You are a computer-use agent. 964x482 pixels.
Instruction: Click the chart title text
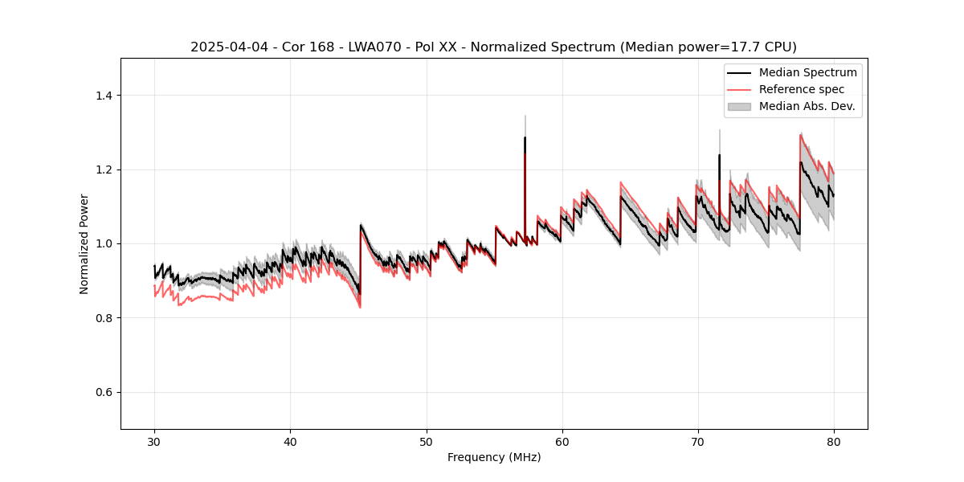point(493,47)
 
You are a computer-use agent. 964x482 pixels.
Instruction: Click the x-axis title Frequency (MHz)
point(494,457)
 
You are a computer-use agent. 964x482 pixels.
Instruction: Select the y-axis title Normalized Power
point(84,243)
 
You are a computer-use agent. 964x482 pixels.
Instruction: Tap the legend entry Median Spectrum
point(807,72)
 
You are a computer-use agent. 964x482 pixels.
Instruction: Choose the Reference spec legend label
point(802,89)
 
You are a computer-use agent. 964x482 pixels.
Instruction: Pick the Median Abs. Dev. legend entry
point(807,106)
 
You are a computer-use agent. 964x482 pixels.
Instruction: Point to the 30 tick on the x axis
point(155,441)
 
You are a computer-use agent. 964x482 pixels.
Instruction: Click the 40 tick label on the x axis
point(291,441)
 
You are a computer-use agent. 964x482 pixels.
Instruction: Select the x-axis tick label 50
point(427,441)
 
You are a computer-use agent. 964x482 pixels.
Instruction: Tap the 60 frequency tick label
point(562,441)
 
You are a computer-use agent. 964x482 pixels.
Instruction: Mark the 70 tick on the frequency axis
point(698,441)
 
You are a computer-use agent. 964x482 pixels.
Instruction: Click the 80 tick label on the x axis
point(834,441)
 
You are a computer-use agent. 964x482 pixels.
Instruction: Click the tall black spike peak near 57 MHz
point(525,138)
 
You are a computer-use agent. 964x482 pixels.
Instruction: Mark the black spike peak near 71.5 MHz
point(719,156)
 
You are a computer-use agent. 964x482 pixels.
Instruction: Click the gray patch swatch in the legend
point(739,106)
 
